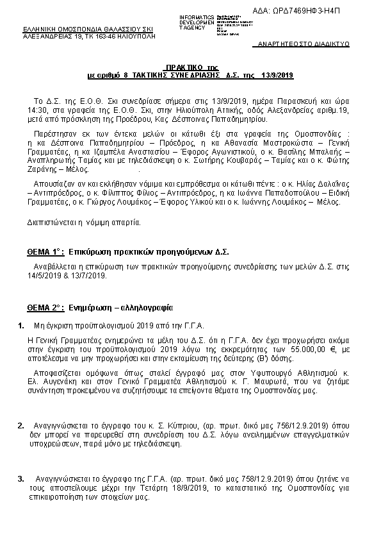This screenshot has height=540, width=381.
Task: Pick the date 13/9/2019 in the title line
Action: click(x=277, y=76)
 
